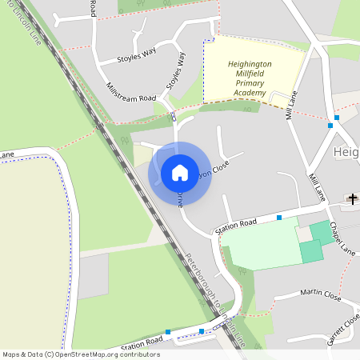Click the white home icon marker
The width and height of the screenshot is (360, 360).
(180, 173)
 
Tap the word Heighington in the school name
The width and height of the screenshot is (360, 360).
(250, 63)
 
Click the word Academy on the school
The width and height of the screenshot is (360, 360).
(250, 94)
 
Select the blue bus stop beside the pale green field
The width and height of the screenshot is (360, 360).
(279, 218)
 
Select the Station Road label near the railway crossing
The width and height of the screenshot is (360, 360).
(142, 339)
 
